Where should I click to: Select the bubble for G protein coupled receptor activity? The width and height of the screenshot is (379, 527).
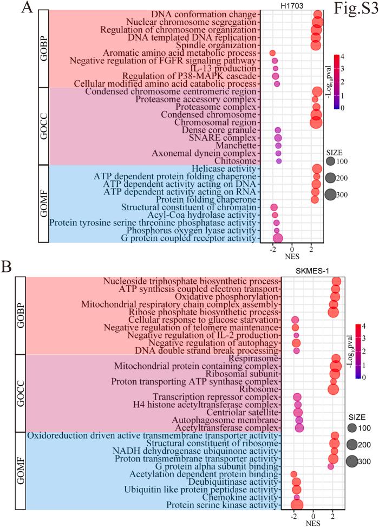(x=278, y=238)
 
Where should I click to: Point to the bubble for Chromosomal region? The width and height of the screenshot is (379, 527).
(x=316, y=122)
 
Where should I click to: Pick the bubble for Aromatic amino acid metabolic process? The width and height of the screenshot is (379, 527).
(x=272, y=53)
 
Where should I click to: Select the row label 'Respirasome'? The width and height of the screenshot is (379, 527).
(x=253, y=359)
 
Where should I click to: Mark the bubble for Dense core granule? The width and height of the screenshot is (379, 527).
(x=278, y=131)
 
